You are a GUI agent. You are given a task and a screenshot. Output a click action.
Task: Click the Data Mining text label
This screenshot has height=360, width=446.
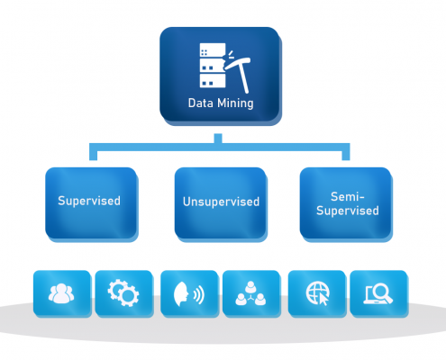[x=221, y=103]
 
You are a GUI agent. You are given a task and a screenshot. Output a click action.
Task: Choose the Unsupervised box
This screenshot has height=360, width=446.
[x=221, y=203]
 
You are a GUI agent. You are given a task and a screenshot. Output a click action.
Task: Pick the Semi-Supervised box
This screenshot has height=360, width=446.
[x=347, y=203]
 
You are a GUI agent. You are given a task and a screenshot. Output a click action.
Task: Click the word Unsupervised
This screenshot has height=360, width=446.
[x=221, y=202]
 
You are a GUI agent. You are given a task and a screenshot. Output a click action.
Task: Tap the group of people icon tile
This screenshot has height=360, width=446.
[x=61, y=293]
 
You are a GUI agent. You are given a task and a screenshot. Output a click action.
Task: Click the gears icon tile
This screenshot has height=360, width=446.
[x=122, y=293]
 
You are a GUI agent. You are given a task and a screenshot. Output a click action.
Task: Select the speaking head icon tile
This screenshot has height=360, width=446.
[x=188, y=294]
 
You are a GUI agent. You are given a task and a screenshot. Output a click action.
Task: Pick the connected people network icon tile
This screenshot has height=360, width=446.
[x=250, y=294]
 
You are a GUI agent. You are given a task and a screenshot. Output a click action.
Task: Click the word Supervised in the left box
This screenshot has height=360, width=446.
[x=91, y=202]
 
